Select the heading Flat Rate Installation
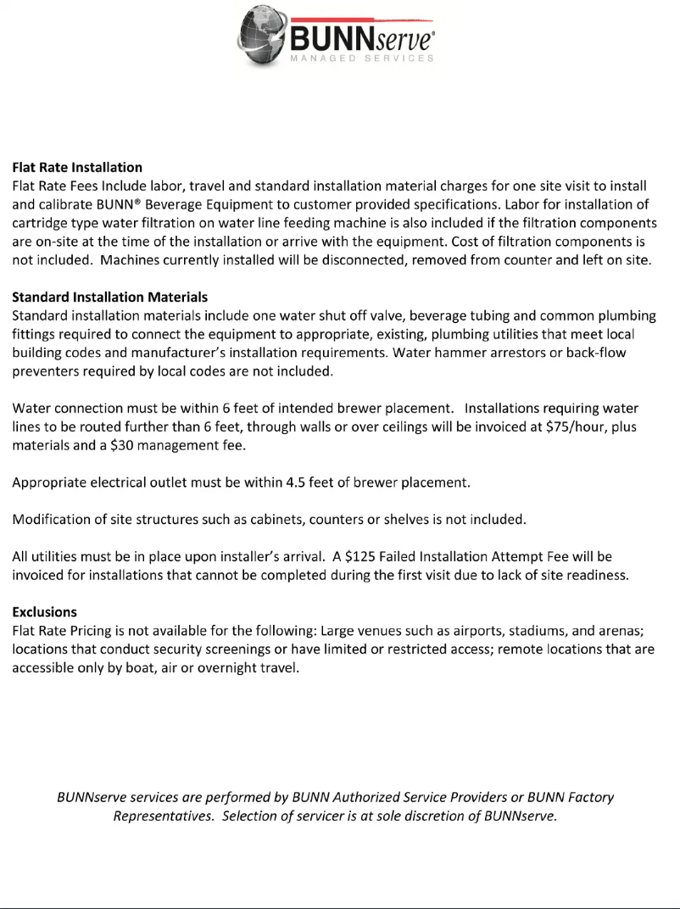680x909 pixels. tap(77, 167)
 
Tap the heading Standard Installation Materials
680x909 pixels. tap(109, 298)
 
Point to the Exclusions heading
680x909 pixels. tap(44, 611)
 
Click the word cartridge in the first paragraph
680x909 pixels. tap(41, 223)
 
